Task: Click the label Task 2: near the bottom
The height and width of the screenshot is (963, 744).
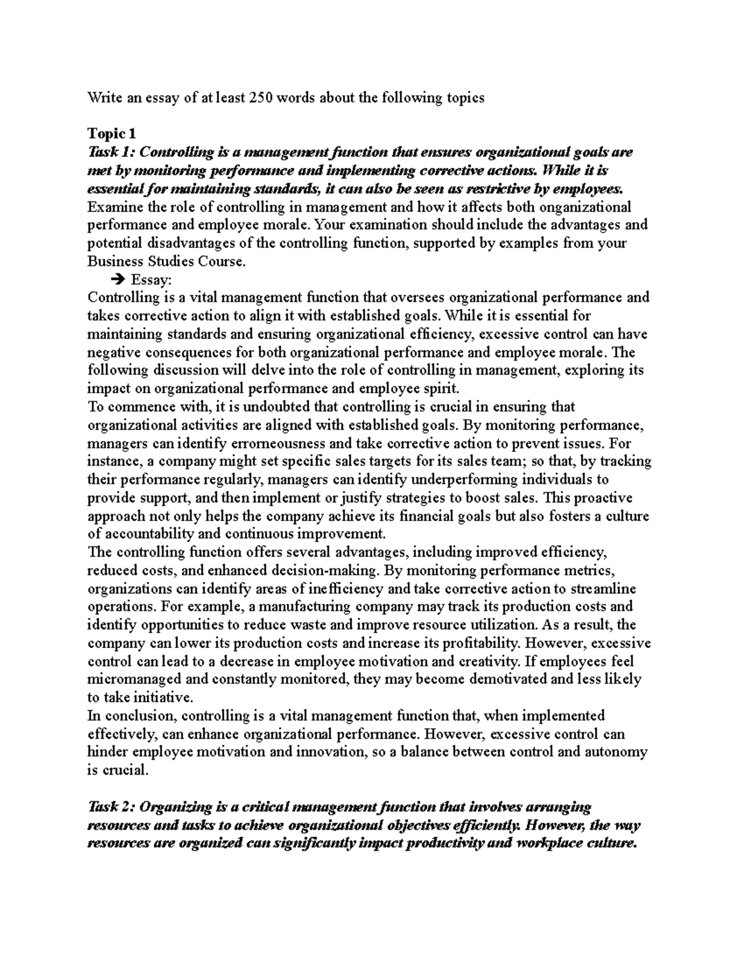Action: coord(111,807)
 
